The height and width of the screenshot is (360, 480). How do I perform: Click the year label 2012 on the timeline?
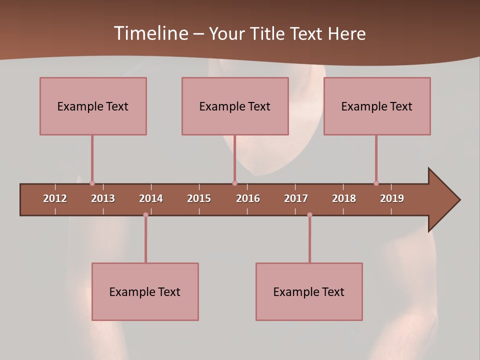coord(55,198)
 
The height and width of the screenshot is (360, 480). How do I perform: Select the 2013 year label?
coord(103,198)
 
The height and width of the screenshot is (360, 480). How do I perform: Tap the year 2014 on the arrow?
coord(151,198)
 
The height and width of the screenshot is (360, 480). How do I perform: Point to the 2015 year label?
coord(199,198)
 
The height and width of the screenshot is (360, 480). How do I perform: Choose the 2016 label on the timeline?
coord(248,198)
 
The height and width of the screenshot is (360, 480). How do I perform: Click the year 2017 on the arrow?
coord(296,198)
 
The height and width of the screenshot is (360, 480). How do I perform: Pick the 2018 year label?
coord(344,198)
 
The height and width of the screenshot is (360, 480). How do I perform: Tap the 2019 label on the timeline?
coord(392,198)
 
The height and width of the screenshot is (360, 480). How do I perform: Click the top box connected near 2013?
coord(93,106)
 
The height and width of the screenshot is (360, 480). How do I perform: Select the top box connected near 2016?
coord(235,106)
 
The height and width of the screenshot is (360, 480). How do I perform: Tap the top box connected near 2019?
coord(377,106)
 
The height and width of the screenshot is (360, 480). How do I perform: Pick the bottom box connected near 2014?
coord(145,291)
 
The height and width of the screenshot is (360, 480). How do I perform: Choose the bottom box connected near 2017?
coord(309,291)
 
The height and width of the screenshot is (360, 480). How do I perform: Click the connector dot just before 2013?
coord(92,183)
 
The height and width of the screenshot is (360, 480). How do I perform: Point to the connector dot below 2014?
coord(145,215)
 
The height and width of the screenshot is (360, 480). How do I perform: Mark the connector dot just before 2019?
coord(376,183)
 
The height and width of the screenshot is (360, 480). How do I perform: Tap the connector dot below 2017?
coord(309,215)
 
